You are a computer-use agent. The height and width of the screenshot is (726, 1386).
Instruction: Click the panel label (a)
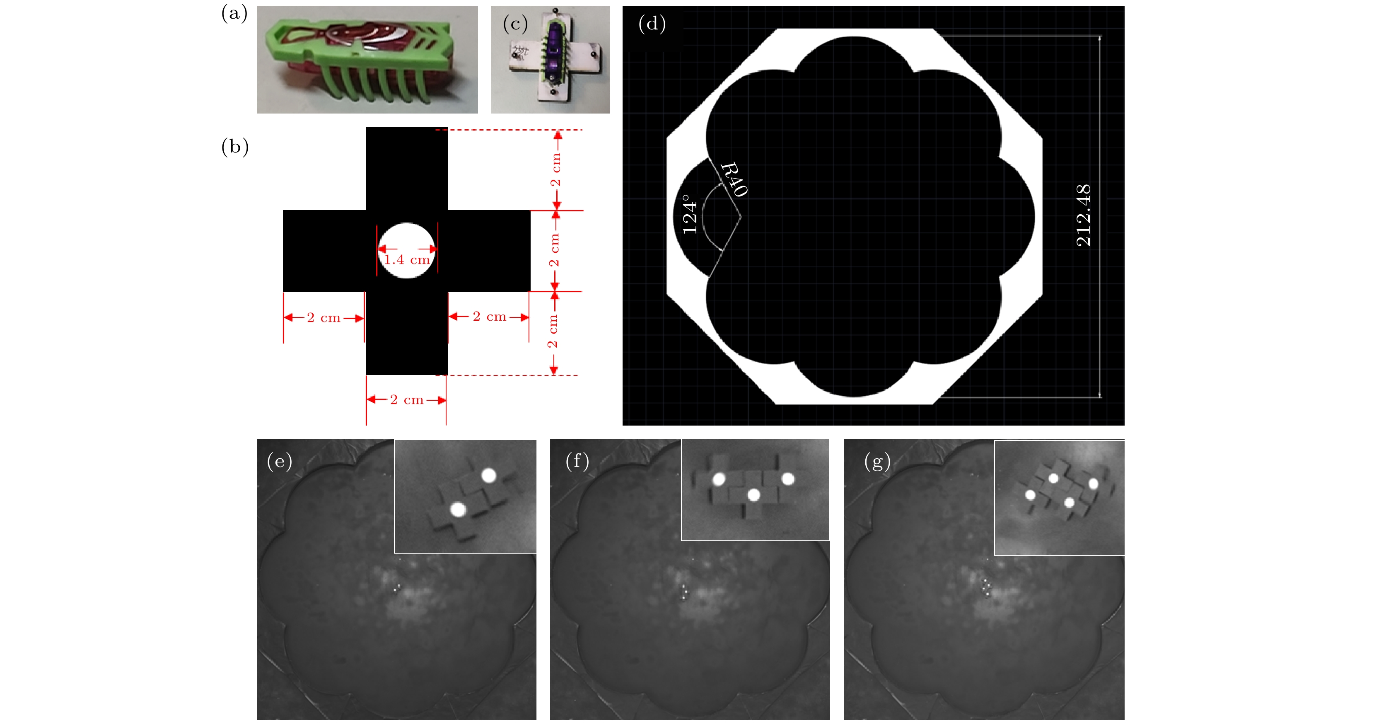[234, 13]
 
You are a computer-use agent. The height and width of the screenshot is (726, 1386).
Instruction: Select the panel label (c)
[515, 24]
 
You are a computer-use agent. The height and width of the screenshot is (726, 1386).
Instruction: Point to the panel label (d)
[652, 24]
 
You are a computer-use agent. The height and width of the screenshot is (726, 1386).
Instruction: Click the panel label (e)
[280, 462]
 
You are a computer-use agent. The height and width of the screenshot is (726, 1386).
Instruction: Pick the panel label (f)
[577, 461]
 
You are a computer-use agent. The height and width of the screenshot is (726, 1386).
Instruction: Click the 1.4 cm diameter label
[407, 260]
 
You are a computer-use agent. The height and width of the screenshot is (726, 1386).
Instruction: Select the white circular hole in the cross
[407, 250]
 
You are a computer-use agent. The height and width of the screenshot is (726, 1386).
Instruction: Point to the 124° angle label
[690, 214]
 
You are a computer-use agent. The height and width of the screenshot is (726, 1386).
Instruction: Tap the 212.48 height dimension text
[1084, 215]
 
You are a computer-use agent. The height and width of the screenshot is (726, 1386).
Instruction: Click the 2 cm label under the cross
[407, 400]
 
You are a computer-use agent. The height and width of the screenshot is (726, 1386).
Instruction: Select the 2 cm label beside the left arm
[324, 317]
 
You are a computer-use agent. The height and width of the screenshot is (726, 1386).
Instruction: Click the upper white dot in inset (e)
[488, 476]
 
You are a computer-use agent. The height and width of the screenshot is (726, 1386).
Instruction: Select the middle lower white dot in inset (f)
[753, 495]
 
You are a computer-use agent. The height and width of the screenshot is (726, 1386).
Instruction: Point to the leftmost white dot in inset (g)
[1030, 495]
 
